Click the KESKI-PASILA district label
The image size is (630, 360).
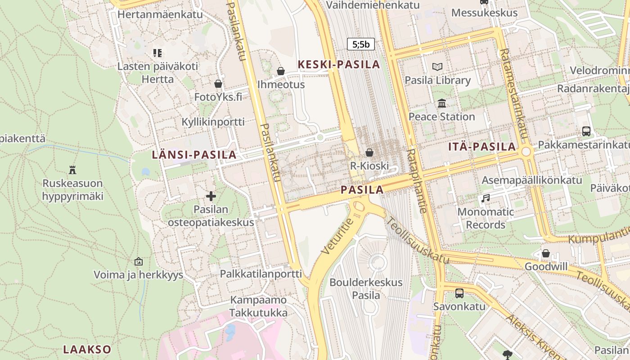(x=339, y=64)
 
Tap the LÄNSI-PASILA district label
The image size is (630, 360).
(x=194, y=155)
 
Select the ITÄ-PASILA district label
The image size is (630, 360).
(x=482, y=146)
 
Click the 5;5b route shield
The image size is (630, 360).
(x=360, y=44)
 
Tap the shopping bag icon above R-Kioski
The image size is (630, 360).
(x=369, y=153)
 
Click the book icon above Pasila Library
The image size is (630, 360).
(x=437, y=67)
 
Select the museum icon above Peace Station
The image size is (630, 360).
(x=442, y=103)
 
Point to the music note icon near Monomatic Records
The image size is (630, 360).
(x=486, y=198)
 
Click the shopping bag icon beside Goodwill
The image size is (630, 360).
(x=546, y=253)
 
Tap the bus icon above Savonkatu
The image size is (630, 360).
(x=459, y=293)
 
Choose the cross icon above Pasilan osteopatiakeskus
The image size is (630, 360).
(x=211, y=196)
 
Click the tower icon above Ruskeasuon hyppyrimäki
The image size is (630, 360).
(x=72, y=170)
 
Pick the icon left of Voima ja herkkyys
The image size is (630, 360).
(x=139, y=261)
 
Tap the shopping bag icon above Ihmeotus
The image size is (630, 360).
(x=281, y=71)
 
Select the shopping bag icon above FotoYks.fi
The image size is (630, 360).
(x=218, y=84)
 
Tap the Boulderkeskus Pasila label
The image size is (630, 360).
(x=366, y=289)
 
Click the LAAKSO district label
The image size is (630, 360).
(x=87, y=349)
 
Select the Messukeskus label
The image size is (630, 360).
(x=484, y=13)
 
